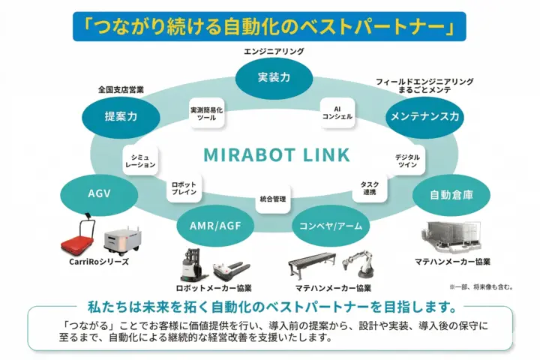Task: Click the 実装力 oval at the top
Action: [268, 77]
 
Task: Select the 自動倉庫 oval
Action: [450, 195]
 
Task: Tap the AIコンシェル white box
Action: [337, 112]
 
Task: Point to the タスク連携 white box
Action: [369, 188]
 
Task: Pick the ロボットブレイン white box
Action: [184, 188]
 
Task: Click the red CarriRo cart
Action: [80, 238]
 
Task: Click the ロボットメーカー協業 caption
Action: [213, 287]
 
